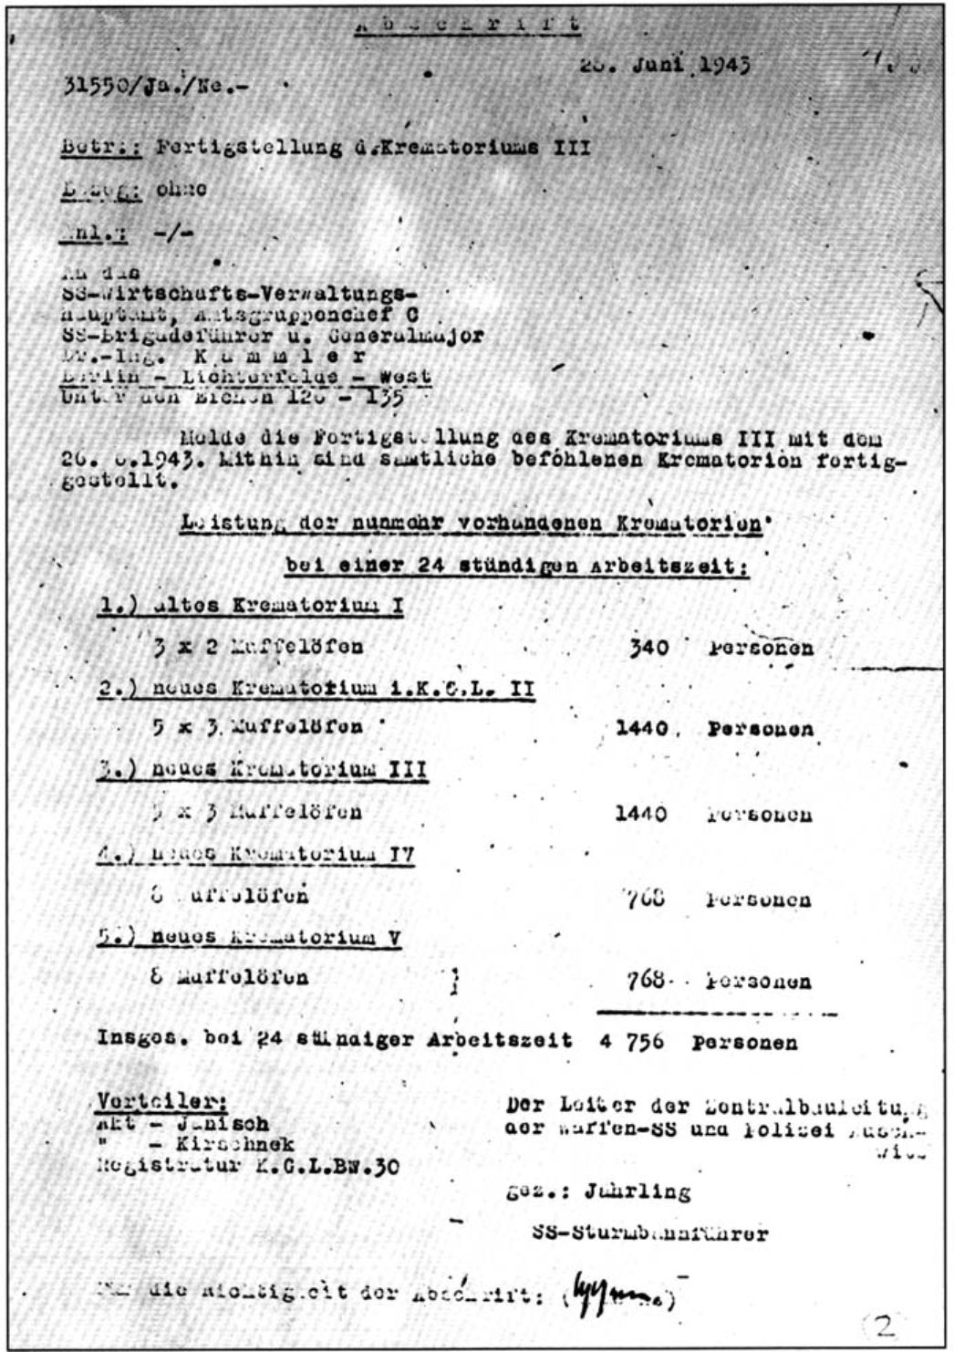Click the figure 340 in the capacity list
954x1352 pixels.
click(648, 649)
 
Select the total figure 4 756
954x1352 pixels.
click(635, 1041)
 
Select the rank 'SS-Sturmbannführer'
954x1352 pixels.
click(648, 1234)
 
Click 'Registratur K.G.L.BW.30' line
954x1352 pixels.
click(246, 1165)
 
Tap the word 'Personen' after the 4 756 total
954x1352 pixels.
click(744, 1041)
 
